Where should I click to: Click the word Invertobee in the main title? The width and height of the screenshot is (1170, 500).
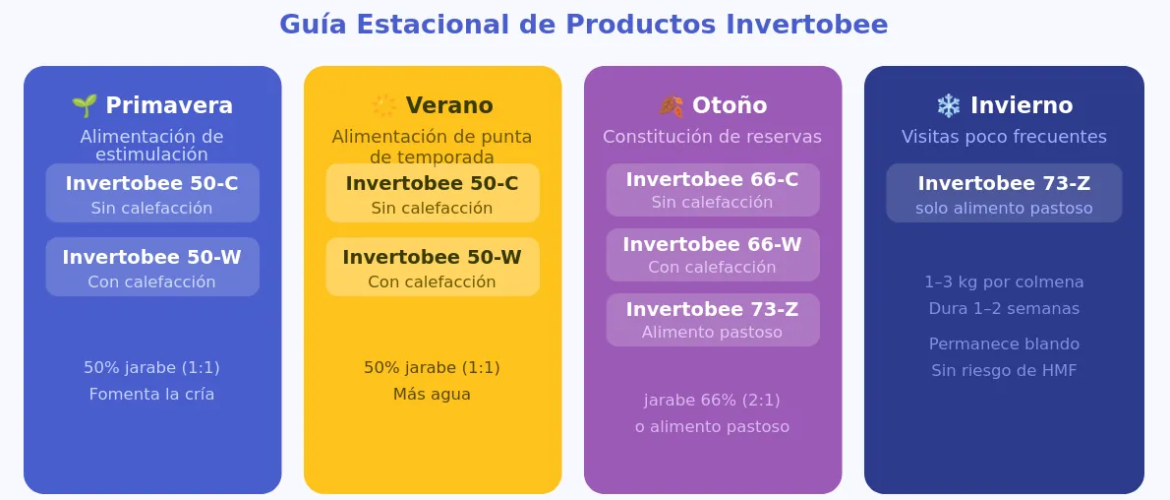(806, 24)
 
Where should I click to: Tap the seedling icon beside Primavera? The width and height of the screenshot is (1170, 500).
(85, 105)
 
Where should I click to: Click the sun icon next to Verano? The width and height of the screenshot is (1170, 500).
(384, 105)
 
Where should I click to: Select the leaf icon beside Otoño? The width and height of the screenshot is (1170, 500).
(671, 105)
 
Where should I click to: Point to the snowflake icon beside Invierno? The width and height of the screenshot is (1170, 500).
(949, 105)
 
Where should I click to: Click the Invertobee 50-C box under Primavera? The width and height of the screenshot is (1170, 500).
(152, 193)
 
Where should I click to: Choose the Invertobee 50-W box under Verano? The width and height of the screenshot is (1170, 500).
(432, 267)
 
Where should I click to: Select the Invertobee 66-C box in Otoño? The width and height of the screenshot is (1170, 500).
(713, 190)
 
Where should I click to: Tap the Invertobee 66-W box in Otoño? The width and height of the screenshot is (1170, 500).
(713, 255)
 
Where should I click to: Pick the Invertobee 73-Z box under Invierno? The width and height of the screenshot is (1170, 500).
(1004, 193)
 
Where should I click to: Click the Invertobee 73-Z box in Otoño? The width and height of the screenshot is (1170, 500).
(713, 320)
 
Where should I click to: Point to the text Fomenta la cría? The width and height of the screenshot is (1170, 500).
(151, 394)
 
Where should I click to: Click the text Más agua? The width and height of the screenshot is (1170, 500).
(432, 394)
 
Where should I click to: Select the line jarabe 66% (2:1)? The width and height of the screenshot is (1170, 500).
(712, 401)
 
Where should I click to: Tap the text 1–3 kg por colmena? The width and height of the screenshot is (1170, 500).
(1004, 281)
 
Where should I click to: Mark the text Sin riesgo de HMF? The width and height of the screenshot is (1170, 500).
(1004, 370)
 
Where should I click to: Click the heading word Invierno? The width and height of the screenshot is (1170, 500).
(1022, 105)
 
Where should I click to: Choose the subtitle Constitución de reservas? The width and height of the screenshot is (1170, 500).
(712, 137)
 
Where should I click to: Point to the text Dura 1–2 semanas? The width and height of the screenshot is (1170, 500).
(1004, 308)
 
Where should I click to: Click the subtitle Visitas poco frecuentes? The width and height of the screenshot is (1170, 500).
(1004, 137)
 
